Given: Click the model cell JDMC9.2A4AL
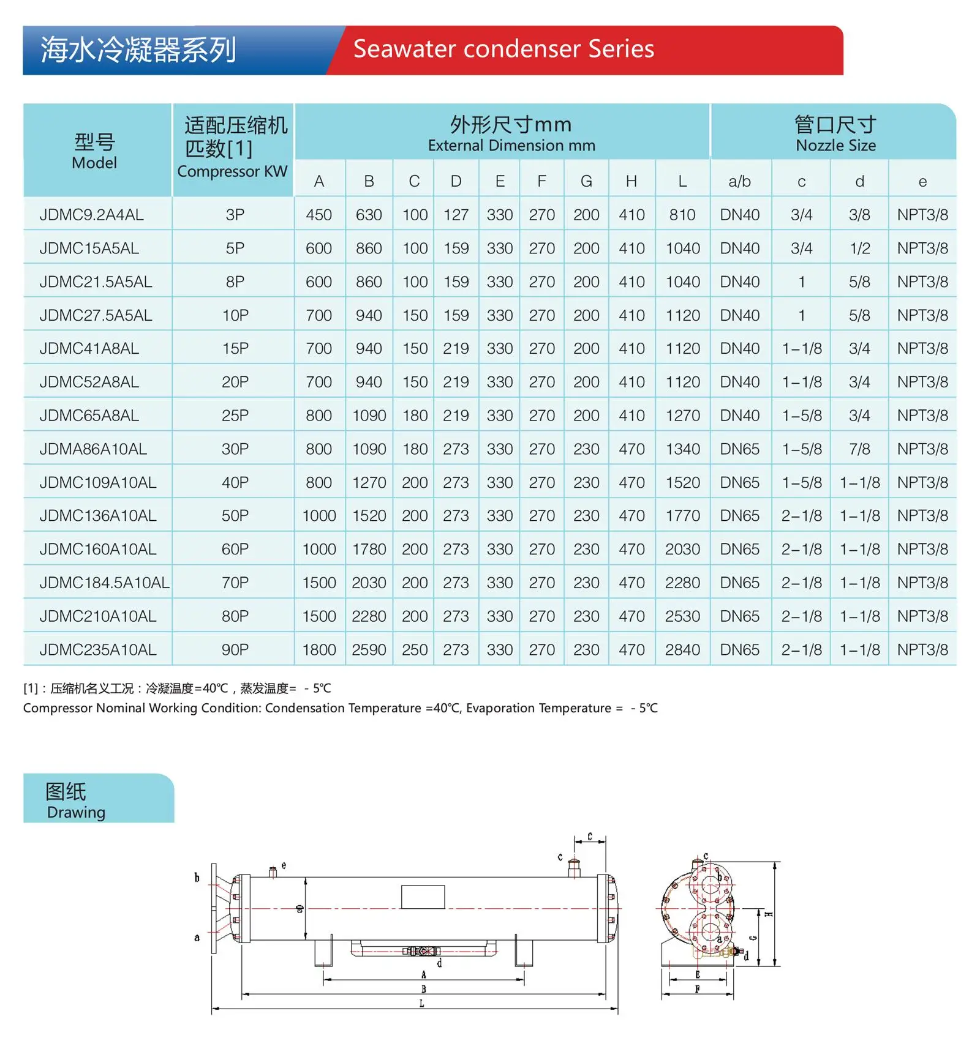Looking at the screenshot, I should [x=92, y=215].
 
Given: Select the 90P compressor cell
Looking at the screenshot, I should [x=235, y=650].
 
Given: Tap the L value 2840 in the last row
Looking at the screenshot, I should [x=682, y=650].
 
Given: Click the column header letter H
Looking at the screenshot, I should [x=631, y=181].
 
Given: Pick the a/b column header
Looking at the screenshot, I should [x=740, y=181].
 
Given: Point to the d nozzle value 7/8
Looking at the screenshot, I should [x=859, y=449].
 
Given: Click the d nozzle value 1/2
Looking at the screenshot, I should [x=859, y=248].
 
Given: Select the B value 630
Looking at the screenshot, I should [x=369, y=215].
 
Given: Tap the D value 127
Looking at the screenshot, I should [x=456, y=215].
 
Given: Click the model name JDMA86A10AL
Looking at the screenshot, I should [x=93, y=449].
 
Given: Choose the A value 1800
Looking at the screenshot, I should [x=319, y=650].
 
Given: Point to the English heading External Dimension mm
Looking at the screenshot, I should [x=511, y=146].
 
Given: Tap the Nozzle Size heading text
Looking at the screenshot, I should [x=835, y=146].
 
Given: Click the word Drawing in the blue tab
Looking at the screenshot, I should [x=76, y=812].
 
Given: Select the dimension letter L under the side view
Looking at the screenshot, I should [x=421, y=1004].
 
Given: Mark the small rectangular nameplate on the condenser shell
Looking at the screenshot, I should [x=423, y=897].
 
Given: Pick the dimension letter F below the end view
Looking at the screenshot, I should [x=698, y=989].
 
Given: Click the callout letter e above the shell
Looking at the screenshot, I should [x=284, y=865].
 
